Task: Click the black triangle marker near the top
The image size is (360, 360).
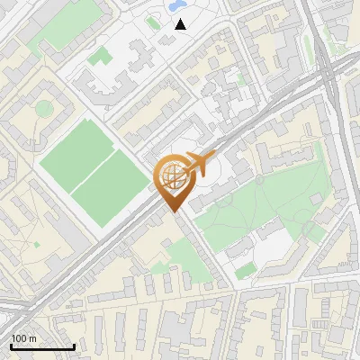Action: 181,24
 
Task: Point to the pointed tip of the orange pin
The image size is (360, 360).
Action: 175,211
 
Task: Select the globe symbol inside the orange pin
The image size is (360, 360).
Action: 174,177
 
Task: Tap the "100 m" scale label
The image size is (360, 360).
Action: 23,338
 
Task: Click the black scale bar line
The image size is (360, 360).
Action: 41,346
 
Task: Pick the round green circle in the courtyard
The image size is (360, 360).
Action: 44,109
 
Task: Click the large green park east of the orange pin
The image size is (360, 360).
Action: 261,202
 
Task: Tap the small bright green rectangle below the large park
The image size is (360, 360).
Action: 245,270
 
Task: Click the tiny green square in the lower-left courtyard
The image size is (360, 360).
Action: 37,244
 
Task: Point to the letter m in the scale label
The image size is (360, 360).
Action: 32,338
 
